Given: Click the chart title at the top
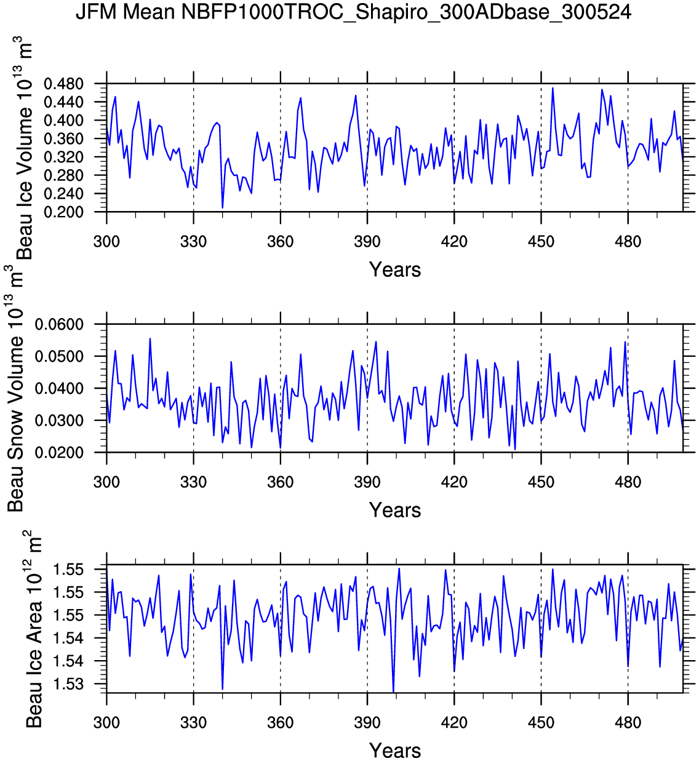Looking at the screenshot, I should pos(353,12).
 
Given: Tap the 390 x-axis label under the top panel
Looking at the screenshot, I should pos(367,242).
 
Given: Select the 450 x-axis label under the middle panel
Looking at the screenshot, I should pos(541,482).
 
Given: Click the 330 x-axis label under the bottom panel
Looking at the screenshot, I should pos(193,723).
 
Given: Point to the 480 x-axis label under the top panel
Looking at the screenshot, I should pos(628,242).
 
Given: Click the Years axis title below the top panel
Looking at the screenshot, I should pos(395,269).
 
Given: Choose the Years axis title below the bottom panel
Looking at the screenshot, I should pos(395,751).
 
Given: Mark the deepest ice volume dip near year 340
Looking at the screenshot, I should pos(223,207).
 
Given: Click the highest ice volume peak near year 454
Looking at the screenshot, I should pos(553,88).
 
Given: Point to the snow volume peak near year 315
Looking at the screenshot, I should pos(150,339).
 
